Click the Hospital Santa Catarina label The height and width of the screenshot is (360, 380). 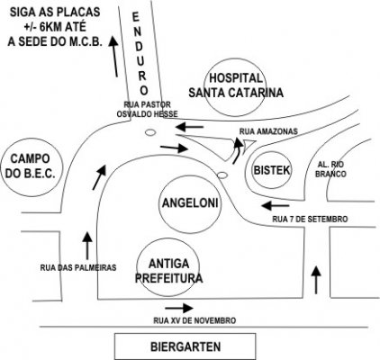click(x=236, y=85)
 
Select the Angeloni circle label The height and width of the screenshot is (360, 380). click(x=190, y=203)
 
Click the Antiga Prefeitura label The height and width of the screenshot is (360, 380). click(x=168, y=271)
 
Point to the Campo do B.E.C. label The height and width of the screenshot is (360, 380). click(x=31, y=166)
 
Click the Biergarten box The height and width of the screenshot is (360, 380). click(x=185, y=346)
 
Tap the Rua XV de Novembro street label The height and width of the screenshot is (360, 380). click(x=195, y=320)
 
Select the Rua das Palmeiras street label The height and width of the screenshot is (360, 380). click(x=78, y=267)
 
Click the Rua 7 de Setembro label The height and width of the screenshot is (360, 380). click(x=310, y=219)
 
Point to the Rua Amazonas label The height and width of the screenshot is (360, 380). click(x=268, y=131)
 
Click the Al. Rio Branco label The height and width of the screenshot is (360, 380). click(x=330, y=169)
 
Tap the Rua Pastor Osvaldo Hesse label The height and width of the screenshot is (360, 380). click(x=147, y=109)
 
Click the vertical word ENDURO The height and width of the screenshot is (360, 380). click(x=140, y=53)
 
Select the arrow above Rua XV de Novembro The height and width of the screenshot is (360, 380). click(x=179, y=308)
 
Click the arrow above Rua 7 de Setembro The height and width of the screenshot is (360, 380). click(x=276, y=206)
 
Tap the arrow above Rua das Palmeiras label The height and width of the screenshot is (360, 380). click(x=87, y=246)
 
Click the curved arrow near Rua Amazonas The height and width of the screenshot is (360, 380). click(x=238, y=150)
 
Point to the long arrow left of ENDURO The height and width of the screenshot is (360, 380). click(x=114, y=57)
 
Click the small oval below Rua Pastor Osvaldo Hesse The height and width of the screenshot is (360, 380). click(x=149, y=132)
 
